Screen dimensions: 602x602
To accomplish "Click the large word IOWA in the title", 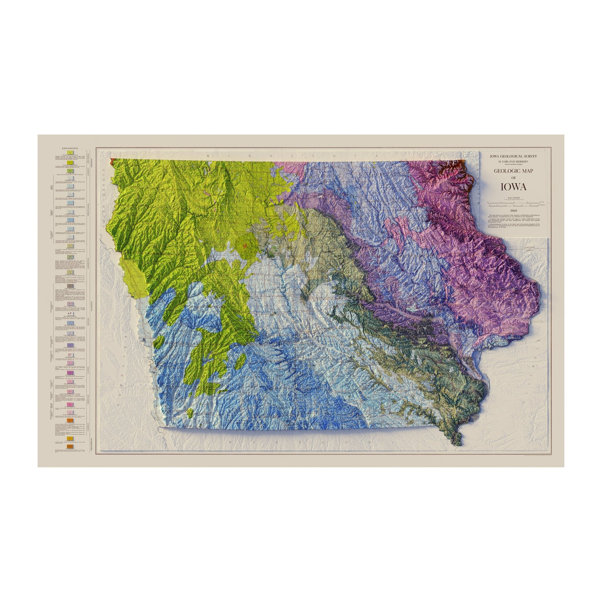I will click(513, 187).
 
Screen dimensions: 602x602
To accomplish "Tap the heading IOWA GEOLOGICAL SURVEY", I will click(513, 156).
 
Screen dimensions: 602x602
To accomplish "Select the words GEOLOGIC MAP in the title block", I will click(513, 171).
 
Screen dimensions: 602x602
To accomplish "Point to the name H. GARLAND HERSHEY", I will click(513, 161).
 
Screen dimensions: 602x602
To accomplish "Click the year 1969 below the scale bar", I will click(513, 211).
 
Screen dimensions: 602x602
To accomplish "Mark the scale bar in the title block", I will click(513, 202).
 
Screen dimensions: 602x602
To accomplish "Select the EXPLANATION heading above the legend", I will click(70, 147).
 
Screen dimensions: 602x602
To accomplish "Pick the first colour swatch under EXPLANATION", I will click(70, 152).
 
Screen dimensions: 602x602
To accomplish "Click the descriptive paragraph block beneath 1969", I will click(513, 223).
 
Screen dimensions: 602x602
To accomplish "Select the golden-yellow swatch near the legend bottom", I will click(70, 439).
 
